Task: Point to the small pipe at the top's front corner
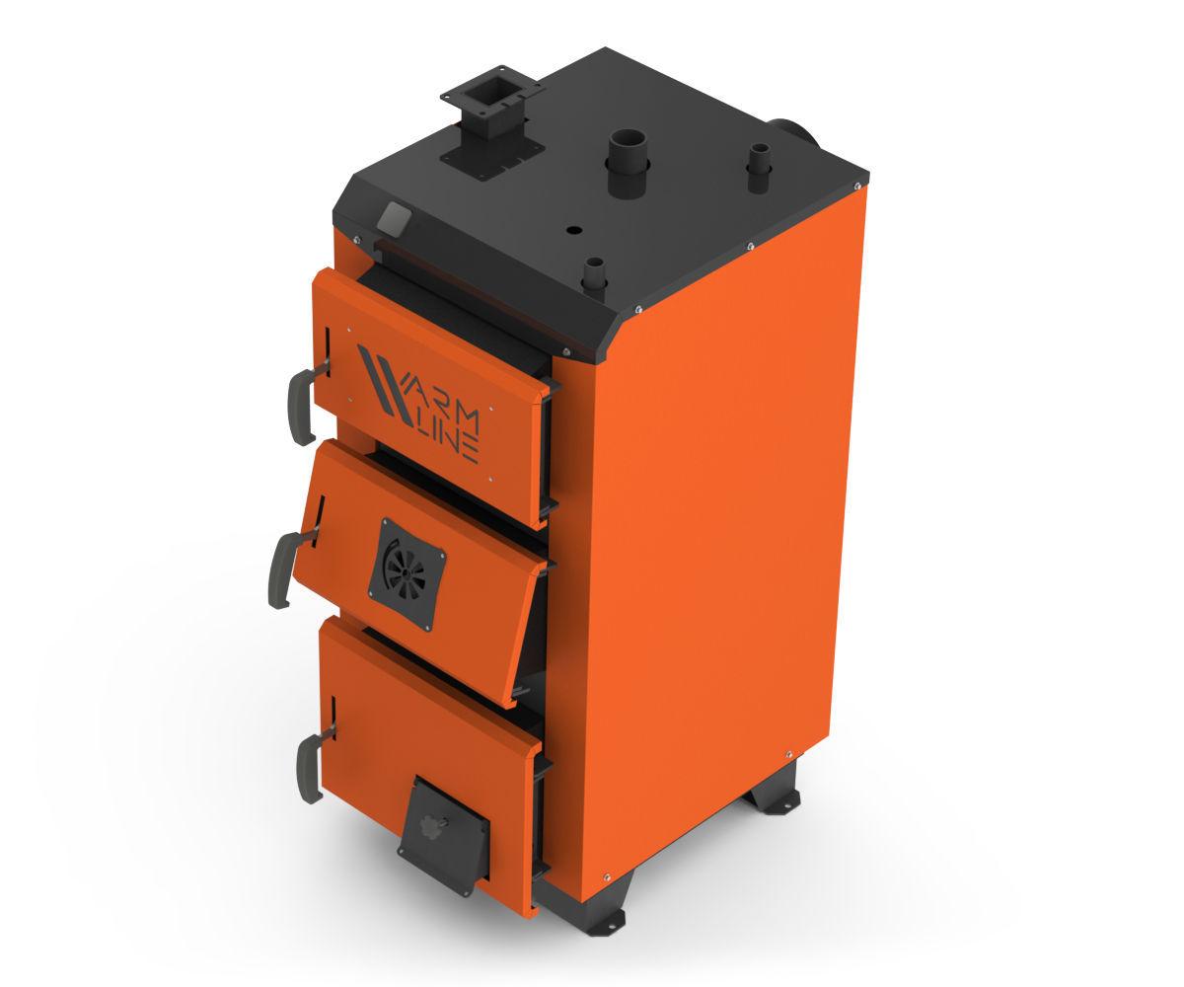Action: tap(594, 276)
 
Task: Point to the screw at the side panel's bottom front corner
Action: tap(606, 876)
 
